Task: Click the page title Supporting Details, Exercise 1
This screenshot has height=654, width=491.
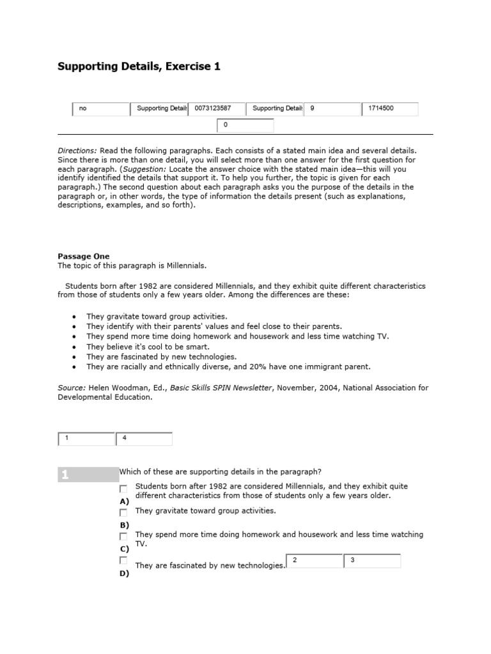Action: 139,66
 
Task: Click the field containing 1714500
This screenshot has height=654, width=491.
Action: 389,109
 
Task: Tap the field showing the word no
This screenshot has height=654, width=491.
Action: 100,109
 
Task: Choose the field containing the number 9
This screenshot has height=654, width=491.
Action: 332,109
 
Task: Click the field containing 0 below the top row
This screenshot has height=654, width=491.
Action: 245,126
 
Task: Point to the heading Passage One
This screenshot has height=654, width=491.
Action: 83,256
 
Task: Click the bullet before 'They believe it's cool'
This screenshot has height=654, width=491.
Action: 75,347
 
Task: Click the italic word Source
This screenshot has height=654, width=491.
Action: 72,388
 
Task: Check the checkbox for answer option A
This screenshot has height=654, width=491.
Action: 123,489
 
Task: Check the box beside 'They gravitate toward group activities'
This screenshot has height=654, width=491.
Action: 123,512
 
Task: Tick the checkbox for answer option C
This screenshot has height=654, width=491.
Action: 123,536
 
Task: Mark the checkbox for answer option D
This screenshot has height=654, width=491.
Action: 123,560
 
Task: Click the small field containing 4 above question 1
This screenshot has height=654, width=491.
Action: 144,439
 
